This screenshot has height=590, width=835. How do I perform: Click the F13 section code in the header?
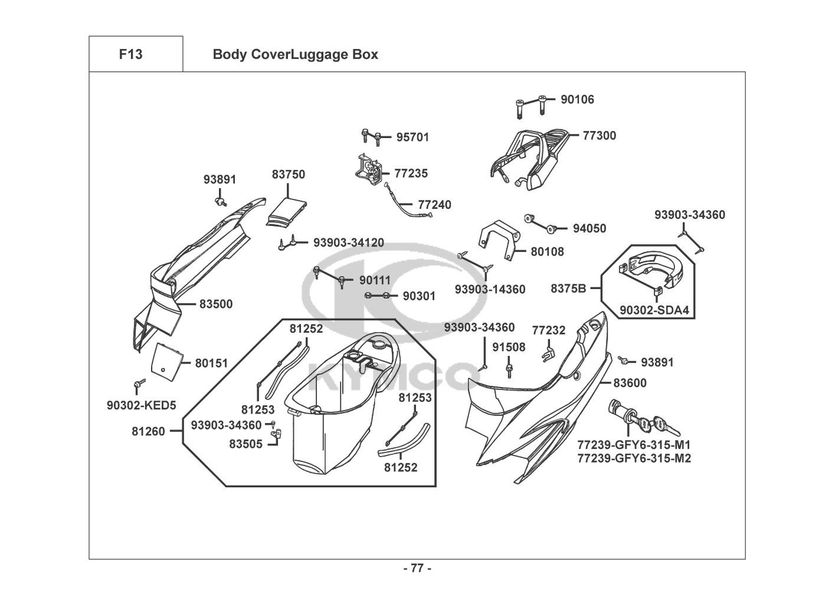pyautogui.click(x=130, y=54)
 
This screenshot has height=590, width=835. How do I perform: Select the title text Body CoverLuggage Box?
pyautogui.click(x=295, y=55)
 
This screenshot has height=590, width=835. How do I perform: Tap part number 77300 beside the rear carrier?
pyautogui.click(x=599, y=136)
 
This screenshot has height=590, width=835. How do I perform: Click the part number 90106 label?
pyautogui.click(x=577, y=100)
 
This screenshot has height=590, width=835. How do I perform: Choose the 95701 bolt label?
pyautogui.click(x=412, y=137)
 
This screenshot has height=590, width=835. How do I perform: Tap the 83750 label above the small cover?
pyautogui.click(x=289, y=175)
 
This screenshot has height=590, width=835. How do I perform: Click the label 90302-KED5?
pyautogui.click(x=142, y=405)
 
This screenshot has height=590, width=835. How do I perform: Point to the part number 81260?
pyautogui.click(x=148, y=432)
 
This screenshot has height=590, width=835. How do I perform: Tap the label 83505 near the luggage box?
pyautogui.click(x=246, y=443)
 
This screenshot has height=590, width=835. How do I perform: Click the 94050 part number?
pyautogui.click(x=589, y=229)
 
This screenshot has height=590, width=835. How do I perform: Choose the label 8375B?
pyautogui.click(x=568, y=289)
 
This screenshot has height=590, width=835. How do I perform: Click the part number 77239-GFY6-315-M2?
pyautogui.click(x=634, y=458)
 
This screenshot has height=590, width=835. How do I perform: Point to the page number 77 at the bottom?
pyautogui.click(x=417, y=569)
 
